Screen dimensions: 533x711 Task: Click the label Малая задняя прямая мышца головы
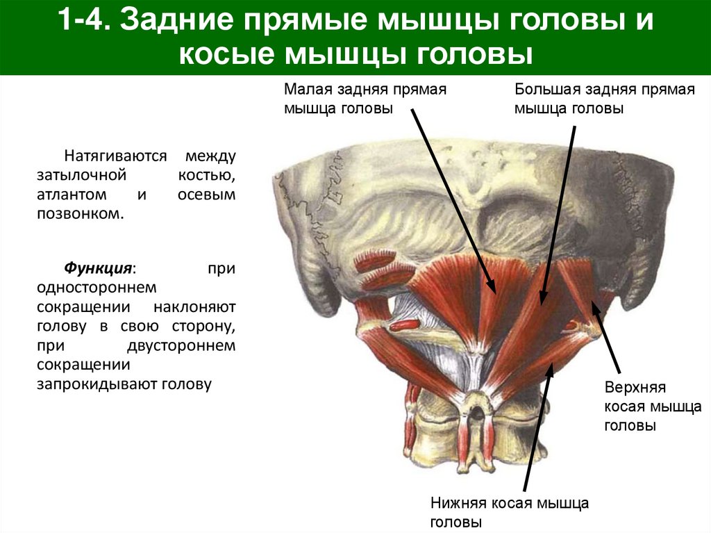[x=365, y=99]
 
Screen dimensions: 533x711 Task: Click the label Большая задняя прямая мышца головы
[x=604, y=99]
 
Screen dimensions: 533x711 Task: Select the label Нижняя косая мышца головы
[x=510, y=511]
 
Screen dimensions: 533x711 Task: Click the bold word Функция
[x=99, y=268]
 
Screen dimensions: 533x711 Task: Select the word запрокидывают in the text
[x=97, y=384]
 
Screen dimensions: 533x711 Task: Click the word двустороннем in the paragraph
[x=183, y=345]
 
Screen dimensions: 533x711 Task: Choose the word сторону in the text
[x=208, y=326]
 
